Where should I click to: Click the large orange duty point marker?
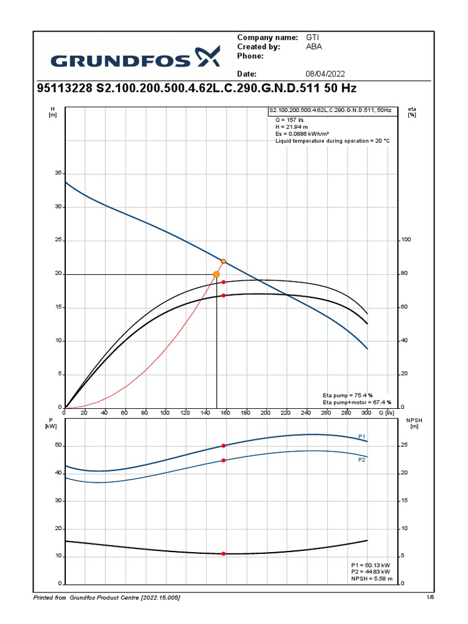(x=216, y=274)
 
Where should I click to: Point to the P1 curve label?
(x=361, y=436)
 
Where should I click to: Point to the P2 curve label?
(x=361, y=460)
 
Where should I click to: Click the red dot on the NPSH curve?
(x=224, y=553)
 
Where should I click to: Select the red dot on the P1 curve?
(x=224, y=446)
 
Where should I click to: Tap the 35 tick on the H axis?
(x=58, y=174)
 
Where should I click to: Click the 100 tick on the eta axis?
(x=406, y=240)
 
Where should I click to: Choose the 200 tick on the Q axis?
(x=265, y=413)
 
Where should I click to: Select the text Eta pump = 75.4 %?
(x=347, y=395)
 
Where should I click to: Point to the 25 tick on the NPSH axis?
(x=405, y=445)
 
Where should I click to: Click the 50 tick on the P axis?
(x=58, y=445)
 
